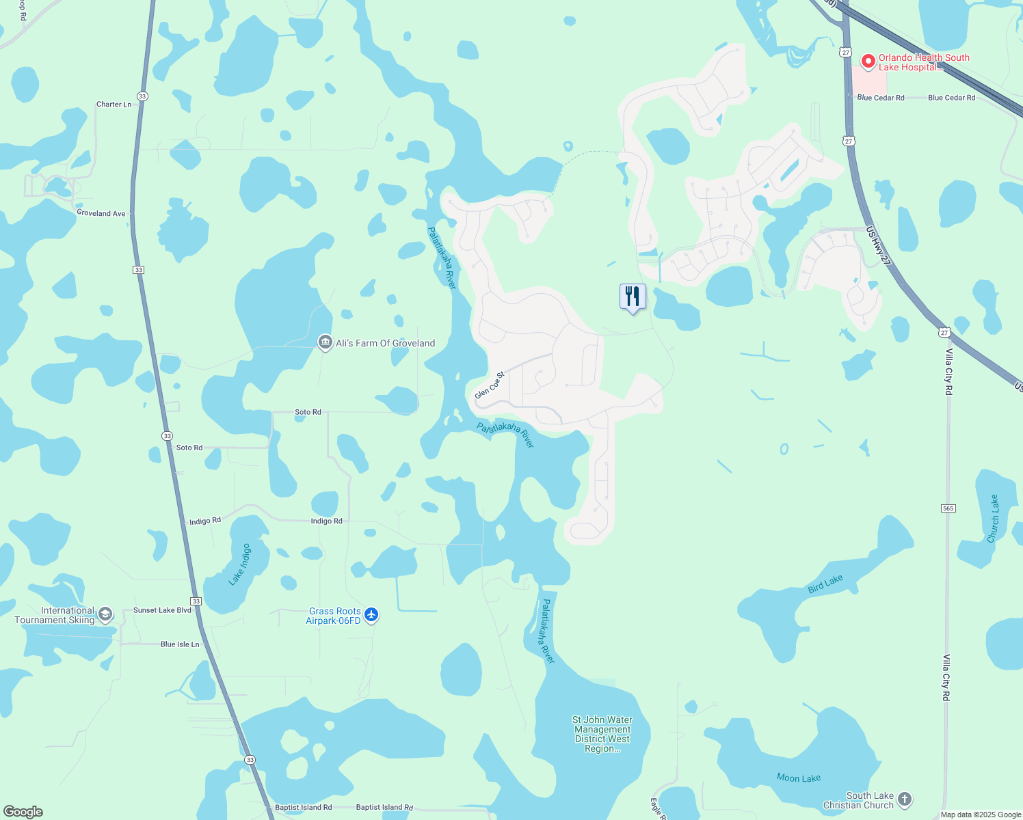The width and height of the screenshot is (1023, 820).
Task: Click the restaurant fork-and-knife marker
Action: (633, 297)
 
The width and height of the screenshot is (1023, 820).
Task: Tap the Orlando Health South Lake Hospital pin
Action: (868, 61)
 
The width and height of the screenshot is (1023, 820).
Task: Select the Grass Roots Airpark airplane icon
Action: (371, 615)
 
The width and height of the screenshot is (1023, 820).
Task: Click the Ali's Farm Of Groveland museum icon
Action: (325, 343)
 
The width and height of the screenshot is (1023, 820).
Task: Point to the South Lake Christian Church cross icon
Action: (905, 799)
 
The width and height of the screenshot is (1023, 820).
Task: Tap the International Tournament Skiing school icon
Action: (105, 614)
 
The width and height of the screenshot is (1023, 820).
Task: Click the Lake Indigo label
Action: (240, 564)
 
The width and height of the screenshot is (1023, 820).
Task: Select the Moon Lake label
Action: (798, 778)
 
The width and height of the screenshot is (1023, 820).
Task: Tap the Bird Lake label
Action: (825, 584)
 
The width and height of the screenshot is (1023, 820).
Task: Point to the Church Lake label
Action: (993, 519)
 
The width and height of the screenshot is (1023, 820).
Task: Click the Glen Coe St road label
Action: (490, 385)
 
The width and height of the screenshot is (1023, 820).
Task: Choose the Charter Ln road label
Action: (114, 105)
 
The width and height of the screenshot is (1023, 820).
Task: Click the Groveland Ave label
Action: (101, 213)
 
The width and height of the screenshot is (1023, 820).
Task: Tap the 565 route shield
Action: (948, 508)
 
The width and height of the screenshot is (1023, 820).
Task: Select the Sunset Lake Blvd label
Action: (162, 610)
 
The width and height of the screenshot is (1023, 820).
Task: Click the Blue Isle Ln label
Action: (180, 644)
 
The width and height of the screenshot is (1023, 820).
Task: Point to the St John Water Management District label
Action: (602, 734)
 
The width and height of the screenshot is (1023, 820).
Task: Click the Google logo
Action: (23, 812)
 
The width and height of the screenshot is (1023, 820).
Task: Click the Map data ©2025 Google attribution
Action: (981, 815)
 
